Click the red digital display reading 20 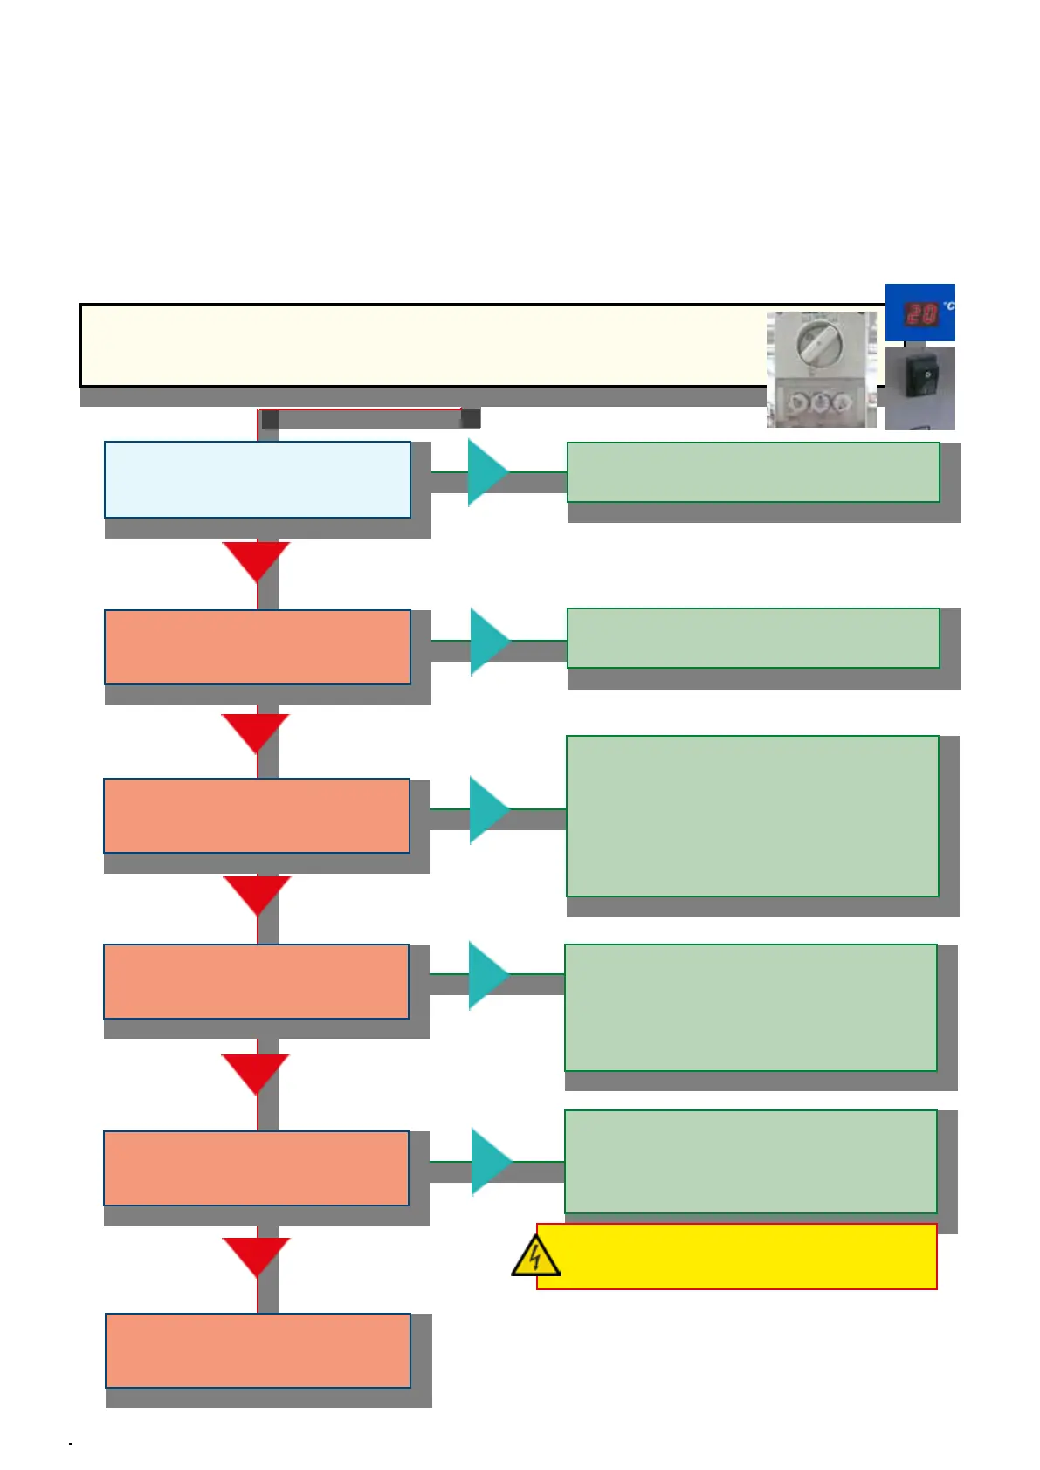click(919, 313)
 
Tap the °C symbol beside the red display click(948, 306)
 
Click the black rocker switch click(919, 379)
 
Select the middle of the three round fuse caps click(821, 402)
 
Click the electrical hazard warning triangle click(534, 1258)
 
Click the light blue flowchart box click(257, 479)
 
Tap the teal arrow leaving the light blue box click(488, 472)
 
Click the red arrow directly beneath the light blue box click(256, 560)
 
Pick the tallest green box click(752, 815)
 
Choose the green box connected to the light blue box click(753, 472)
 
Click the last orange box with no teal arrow click(258, 1350)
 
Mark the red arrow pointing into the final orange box click(256, 1255)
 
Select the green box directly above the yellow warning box click(750, 1161)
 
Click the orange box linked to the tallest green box click(256, 815)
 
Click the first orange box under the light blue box click(257, 647)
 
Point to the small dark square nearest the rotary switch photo click(471, 418)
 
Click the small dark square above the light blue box click(270, 419)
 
